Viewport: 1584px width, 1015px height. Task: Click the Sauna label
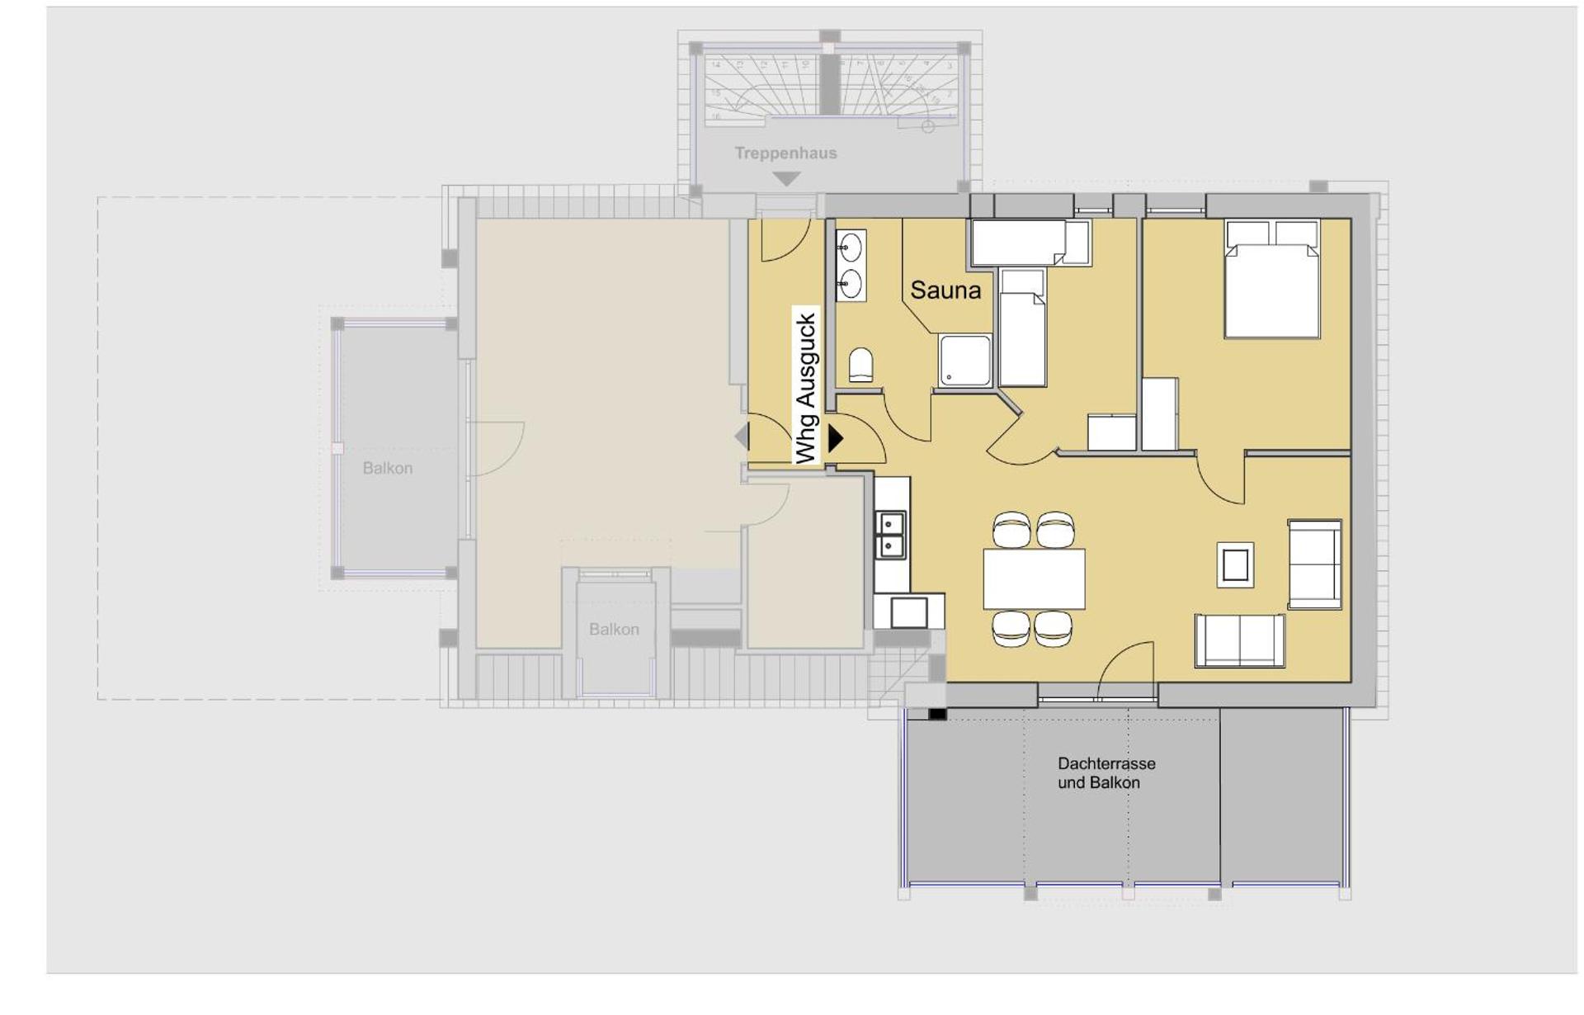pyautogui.click(x=945, y=290)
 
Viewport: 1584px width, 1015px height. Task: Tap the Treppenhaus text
pyautogui.click(x=785, y=153)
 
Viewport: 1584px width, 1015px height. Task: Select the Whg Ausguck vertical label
pyautogui.click(x=806, y=388)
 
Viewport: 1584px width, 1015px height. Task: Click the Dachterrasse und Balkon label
pyautogui.click(x=1105, y=773)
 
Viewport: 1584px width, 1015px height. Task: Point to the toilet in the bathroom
pyautogui.click(x=860, y=365)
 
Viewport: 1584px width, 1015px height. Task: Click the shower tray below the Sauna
pyautogui.click(x=964, y=360)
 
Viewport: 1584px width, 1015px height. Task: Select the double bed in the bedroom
pyautogui.click(x=1271, y=281)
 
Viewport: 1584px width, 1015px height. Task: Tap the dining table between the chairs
pyautogui.click(x=1034, y=578)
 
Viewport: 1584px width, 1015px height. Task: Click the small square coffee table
pyautogui.click(x=1235, y=565)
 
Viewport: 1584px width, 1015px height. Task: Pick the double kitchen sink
pyautogui.click(x=890, y=535)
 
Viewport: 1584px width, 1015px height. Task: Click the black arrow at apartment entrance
pyautogui.click(x=836, y=438)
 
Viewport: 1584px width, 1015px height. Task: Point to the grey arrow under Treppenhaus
pyautogui.click(x=786, y=178)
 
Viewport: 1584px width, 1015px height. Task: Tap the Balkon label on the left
pyautogui.click(x=387, y=468)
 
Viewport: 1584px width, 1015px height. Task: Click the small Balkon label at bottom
pyautogui.click(x=614, y=629)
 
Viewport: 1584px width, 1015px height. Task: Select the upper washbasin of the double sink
pyautogui.click(x=851, y=247)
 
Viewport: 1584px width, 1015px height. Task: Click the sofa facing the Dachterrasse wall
pyautogui.click(x=1239, y=641)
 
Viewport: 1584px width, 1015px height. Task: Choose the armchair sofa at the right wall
pyautogui.click(x=1314, y=564)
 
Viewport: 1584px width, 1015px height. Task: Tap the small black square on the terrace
pyautogui.click(x=937, y=714)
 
